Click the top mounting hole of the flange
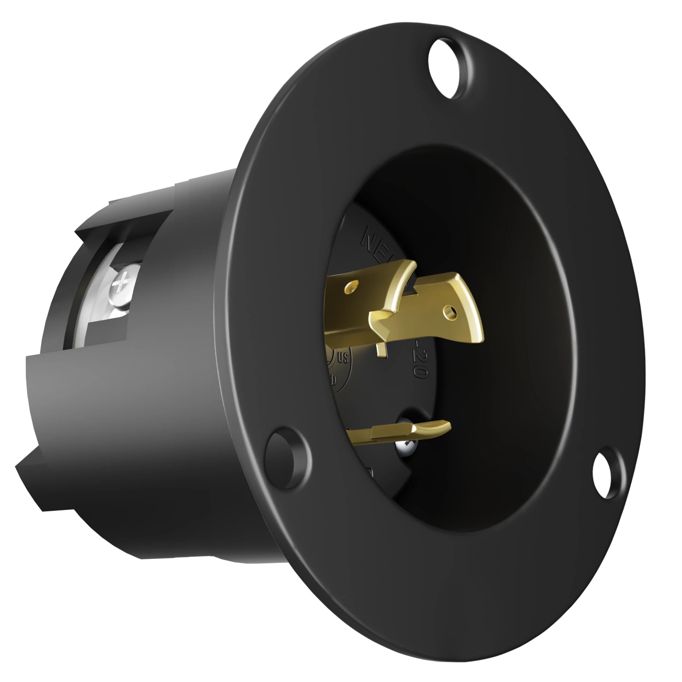[448, 68]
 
